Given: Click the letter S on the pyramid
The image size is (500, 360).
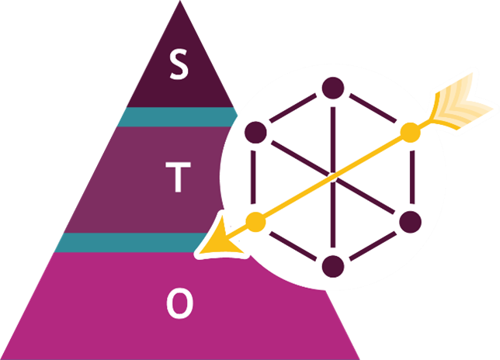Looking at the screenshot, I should pos(179,66).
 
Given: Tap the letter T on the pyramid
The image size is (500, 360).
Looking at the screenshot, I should pos(179,178).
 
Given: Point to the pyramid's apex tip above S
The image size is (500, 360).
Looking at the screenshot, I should pos(180,4).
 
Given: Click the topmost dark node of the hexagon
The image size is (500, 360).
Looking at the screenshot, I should pos(333,88).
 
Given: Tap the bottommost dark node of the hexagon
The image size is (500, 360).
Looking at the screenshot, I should pos(333,265).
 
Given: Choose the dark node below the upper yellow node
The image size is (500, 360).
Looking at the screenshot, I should pos(410,222).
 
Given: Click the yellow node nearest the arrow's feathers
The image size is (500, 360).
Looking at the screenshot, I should pos(410,132).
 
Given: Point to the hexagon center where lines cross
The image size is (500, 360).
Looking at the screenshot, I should pos(333,177).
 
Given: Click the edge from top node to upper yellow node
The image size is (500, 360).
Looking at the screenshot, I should pos(372,110).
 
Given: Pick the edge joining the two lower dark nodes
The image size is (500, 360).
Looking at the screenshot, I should pos(372,244).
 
